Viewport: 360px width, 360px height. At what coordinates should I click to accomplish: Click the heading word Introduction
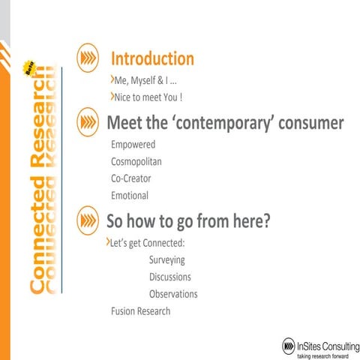click(152, 58)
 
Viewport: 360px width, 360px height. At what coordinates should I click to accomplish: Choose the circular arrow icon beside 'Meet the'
click(89, 122)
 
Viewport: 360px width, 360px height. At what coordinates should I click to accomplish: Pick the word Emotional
click(130, 195)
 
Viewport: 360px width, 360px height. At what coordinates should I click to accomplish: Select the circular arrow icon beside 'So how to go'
click(89, 221)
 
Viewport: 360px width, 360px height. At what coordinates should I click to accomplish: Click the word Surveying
click(166, 260)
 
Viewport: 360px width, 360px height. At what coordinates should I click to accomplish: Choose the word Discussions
click(170, 277)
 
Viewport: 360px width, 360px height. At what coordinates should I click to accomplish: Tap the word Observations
click(173, 294)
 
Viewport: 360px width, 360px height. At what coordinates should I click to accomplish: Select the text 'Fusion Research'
click(140, 310)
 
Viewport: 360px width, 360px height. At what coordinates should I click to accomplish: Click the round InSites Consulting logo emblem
click(289, 344)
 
